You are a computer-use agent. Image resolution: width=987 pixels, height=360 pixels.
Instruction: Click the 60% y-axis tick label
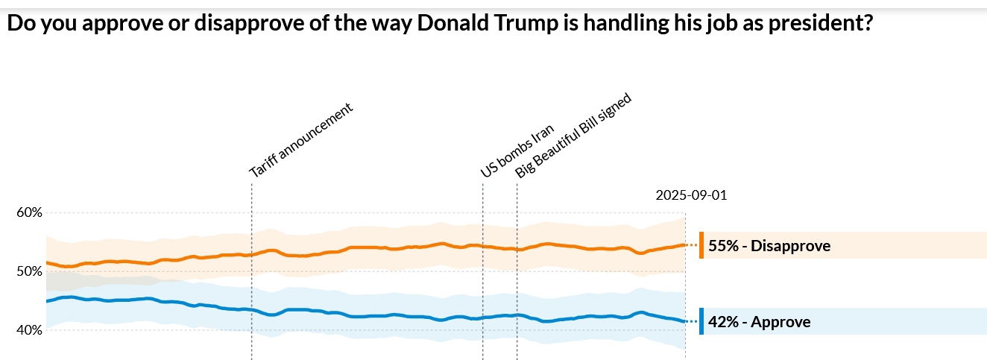(29, 212)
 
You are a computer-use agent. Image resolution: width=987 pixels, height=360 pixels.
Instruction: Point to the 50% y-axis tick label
(29, 271)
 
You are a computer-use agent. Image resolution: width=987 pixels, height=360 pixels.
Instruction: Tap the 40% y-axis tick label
(29, 330)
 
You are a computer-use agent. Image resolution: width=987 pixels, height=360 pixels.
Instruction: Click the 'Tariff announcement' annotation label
(300, 139)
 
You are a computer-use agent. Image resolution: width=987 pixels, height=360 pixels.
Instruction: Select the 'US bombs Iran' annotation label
(517, 151)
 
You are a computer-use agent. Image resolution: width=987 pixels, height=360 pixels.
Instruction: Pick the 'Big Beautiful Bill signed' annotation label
(573, 135)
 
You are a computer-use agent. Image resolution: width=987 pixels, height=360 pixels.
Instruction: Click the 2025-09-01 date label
(691, 195)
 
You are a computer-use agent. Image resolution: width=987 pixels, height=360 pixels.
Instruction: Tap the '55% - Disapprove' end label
(769, 245)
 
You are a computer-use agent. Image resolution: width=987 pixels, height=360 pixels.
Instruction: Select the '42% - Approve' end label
(760, 322)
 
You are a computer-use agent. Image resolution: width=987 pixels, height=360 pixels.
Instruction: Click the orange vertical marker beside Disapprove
(701, 245)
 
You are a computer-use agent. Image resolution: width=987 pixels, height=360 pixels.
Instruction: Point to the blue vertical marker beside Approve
(701, 321)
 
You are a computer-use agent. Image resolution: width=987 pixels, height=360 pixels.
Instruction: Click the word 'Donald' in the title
(446, 23)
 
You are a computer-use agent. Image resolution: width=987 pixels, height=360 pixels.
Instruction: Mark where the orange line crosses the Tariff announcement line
(252, 254)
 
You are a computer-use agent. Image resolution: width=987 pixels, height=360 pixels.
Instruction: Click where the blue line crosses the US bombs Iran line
(483, 318)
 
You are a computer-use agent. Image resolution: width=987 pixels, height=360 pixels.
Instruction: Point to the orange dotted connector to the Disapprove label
(693, 244)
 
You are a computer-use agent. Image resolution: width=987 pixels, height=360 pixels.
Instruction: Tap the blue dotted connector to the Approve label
(693, 321)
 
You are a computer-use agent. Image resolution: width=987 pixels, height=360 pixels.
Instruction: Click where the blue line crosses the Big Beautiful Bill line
(517, 315)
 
